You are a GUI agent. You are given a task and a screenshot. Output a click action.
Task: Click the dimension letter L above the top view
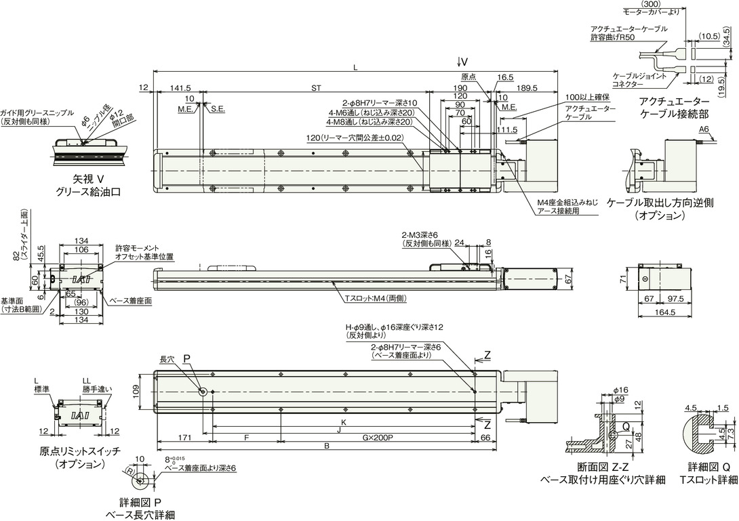356,68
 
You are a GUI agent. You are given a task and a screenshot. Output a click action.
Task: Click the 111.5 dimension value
508,129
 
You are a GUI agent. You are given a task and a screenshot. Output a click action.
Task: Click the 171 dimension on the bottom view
184,438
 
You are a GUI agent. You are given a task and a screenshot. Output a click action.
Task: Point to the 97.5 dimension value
675,299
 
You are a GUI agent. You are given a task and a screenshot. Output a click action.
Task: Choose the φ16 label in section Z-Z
622,390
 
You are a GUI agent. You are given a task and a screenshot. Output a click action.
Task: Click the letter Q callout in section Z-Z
626,426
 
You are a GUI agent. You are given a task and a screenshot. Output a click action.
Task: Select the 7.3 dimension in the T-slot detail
730,431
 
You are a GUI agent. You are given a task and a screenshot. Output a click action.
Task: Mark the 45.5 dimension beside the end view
41,253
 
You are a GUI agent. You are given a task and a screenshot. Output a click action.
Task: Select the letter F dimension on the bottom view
247,438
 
